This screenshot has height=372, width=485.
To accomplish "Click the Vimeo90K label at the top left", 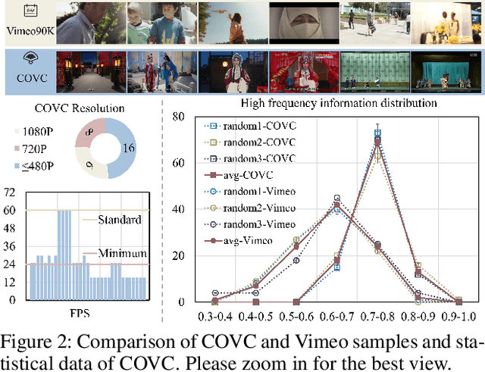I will click(27, 33).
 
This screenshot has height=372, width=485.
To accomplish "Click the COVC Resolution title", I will click(80, 108).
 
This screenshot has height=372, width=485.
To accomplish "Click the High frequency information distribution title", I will click(328, 103).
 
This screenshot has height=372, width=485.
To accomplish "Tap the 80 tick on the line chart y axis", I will click(178, 117).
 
